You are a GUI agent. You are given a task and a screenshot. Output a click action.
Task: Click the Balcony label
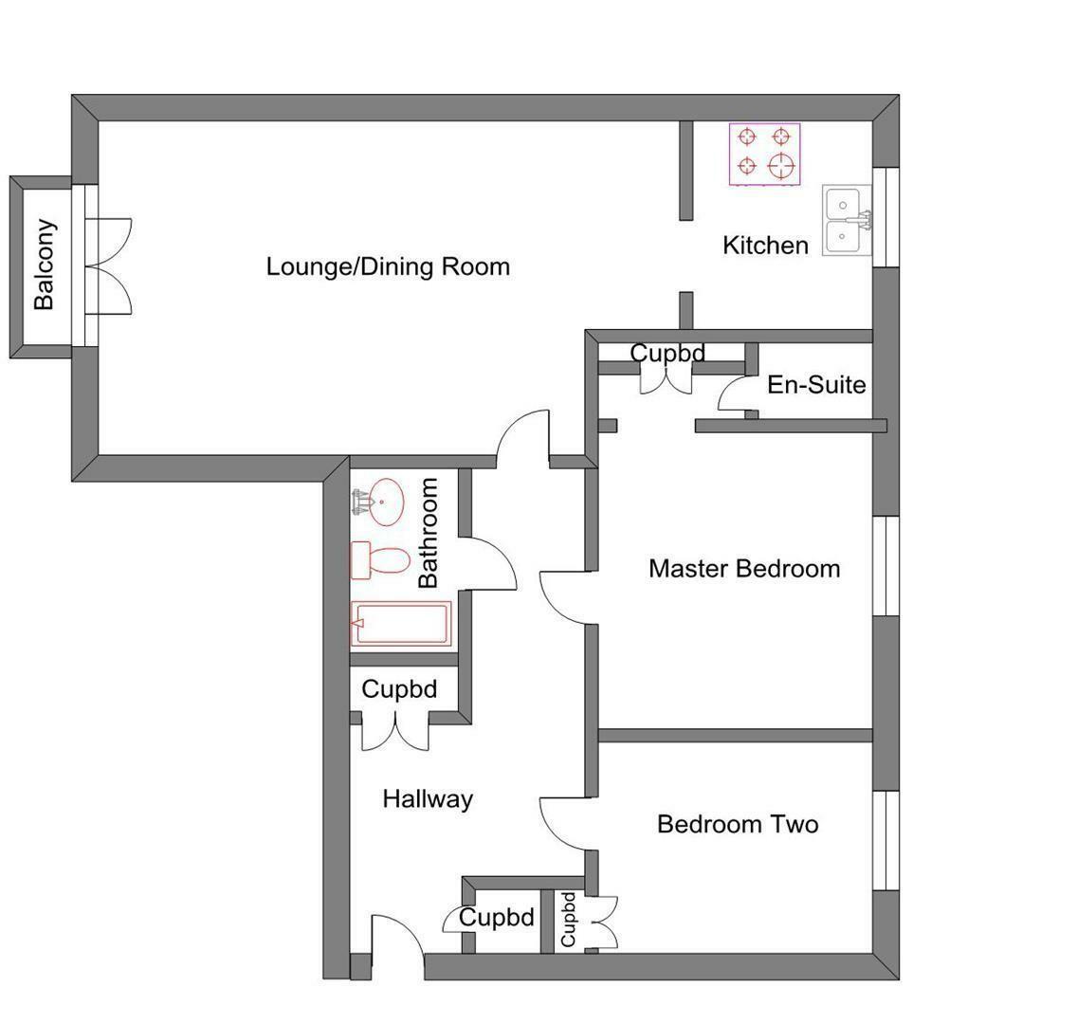pos(44,265)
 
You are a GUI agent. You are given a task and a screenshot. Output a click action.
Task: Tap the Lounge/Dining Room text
pos(388,266)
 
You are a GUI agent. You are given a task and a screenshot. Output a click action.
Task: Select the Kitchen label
pos(765,246)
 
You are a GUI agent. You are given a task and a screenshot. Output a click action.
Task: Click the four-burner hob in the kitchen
pos(764,154)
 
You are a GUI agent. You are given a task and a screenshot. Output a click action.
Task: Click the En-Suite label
pos(816,385)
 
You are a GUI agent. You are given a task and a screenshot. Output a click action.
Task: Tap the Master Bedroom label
pos(744,569)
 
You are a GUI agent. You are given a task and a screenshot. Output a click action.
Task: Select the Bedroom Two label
pos(738,824)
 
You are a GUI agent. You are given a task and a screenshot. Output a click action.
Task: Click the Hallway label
pos(428,799)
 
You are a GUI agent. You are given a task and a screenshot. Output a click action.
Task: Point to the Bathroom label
pos(429,532)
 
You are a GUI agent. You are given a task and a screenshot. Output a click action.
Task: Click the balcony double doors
pos(108,265)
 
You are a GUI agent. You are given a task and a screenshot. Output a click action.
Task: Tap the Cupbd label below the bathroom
pos(399,689)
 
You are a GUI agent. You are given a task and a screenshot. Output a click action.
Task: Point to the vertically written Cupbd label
pos(568,919)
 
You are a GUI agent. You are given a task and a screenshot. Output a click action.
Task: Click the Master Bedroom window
pos(885,565)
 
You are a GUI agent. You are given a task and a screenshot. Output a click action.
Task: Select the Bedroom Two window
pos(885,840)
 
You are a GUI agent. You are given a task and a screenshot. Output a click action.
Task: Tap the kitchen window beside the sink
pos(885,217)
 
